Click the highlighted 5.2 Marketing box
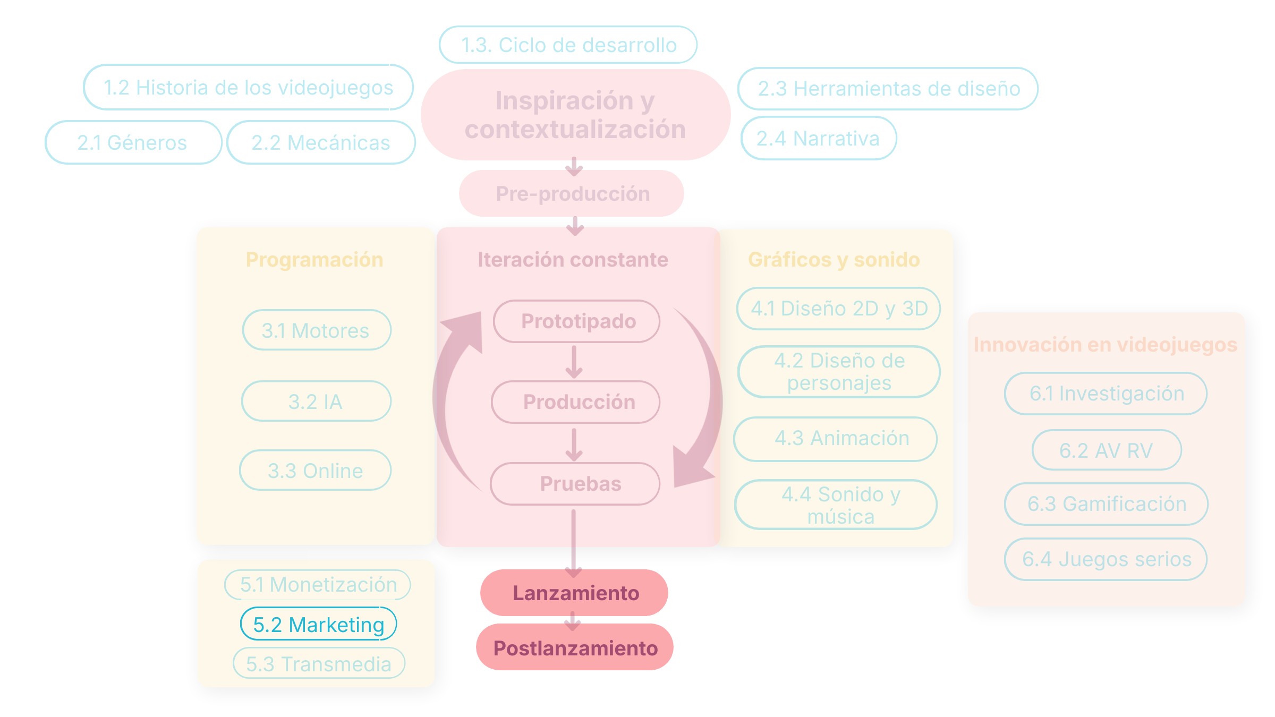[x=318, y=624]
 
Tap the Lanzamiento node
[x=574, y=593]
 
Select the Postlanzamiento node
[x=574, y=647]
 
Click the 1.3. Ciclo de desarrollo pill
[x=568, y=45]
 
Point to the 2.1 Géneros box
[x=133, y=142]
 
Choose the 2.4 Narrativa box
[x=819, y=138]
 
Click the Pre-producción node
[x=572, y=193]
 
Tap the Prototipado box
[x=576, y=321]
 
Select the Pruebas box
[x=575, y=484]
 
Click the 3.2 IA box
[x=316, y=401]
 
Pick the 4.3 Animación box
[x=835, y=439]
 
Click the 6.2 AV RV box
[x=1107, y=450]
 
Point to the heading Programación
[x=314, y=260]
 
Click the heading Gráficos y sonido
[x=834, y=260]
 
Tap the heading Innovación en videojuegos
[x=1106, y=345]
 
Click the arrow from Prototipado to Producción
[x=574, y=362]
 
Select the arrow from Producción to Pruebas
[x=574, y=445]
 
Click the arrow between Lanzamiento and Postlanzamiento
[x=573, y=621]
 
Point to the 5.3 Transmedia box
[x=319, y=663]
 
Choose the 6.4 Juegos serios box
[x=1106, y=559]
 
